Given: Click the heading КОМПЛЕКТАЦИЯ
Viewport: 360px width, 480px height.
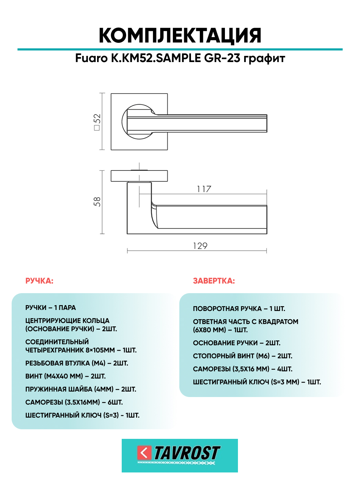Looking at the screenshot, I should coord(180,36).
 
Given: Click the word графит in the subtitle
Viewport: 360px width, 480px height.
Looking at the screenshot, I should coord(264,59).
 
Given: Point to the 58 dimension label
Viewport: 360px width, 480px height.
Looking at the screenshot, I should coord(97,202).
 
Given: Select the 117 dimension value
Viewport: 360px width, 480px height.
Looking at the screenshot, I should coord(204,189).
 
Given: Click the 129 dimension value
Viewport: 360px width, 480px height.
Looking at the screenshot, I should coord(200,246).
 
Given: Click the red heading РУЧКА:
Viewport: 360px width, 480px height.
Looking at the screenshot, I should coord(39,281).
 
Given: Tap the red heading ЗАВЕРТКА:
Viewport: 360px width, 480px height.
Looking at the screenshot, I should coord(214,281).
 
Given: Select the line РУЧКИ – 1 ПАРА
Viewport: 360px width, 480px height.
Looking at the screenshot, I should coord(51,308).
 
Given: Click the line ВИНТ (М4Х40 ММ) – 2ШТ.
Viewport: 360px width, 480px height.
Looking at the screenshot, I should coord(65,376).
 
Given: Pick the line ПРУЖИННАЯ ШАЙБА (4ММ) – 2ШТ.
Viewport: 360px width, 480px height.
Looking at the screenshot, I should coord(81,389).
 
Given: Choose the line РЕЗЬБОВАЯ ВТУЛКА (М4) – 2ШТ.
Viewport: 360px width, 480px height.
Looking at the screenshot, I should coord(77,363).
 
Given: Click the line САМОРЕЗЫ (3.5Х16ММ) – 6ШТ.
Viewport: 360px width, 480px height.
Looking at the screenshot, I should coord(74,403).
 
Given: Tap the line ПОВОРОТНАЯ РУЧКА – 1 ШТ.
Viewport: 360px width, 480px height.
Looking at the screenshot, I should coord(239,309).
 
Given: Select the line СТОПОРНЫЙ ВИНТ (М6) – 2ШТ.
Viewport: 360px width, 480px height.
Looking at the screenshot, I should coord(243,356).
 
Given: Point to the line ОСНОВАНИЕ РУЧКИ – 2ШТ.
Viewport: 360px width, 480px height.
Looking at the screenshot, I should coord(237,343).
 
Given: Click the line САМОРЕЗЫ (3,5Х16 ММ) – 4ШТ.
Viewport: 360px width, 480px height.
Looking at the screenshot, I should coord(243,369).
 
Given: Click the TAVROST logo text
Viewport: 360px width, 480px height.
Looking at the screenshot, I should coord(187,453).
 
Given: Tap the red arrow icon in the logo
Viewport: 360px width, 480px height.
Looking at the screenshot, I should coord(144,453).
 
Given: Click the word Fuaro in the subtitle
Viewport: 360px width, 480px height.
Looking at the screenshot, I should coord(92,59).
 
